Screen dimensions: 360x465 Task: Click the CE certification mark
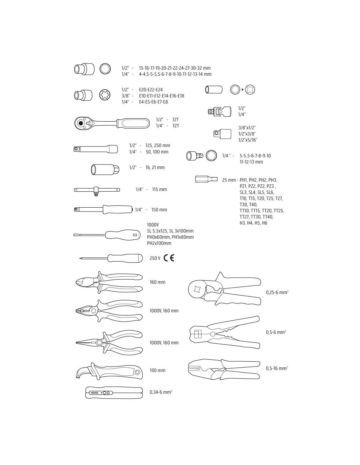coord(169,258)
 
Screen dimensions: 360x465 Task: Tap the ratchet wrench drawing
coord(112,123)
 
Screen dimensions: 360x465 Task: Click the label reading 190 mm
coord(157,370)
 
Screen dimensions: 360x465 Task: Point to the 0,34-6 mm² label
coord(161,392)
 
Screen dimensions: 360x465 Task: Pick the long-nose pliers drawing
coord(109,342)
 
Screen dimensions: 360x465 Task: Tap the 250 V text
coord(155,258)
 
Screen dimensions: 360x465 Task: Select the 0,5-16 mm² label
coord(277,368)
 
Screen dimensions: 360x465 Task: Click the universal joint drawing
coord(220,111)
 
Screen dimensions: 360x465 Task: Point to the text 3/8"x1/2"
coord(247,128)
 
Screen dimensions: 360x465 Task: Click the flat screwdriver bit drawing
coord(206,179)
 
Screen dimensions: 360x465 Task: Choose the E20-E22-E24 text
coord(151,90)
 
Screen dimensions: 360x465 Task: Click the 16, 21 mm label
coord(155,167)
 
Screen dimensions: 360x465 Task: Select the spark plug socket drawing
coord(105,170)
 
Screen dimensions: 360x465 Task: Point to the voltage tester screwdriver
coord(111,258)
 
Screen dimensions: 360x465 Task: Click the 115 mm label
coord(159,189)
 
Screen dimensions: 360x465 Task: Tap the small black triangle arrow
coord(243,90)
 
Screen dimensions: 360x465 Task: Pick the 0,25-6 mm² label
coord(277,292)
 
